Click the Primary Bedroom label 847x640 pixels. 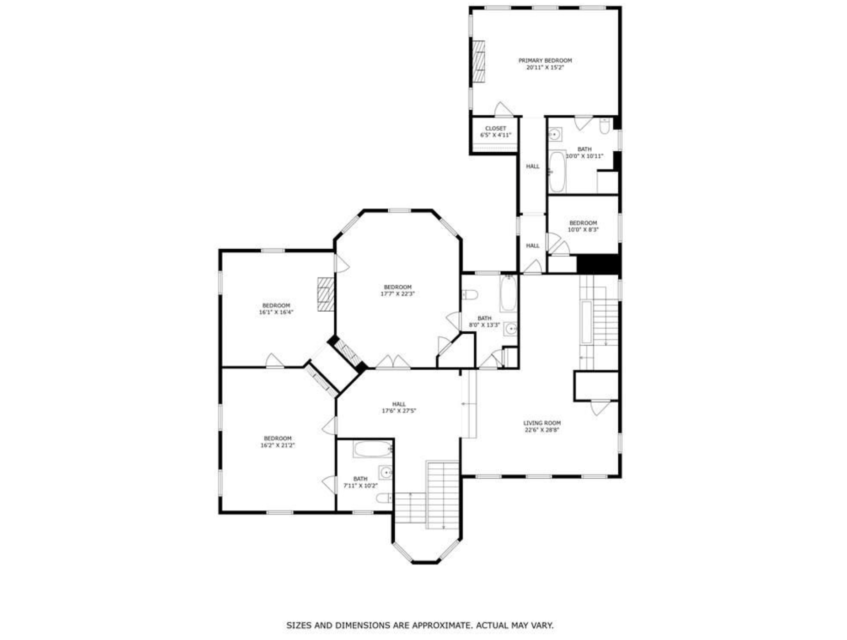coord(545,60)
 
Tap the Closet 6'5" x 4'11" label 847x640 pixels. coord(495,132)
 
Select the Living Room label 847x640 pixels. coord(542,423)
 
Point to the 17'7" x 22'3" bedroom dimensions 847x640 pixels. coord(397,294)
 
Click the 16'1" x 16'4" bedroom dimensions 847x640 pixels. coord(276,312)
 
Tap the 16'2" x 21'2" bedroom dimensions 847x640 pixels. coord(278,445)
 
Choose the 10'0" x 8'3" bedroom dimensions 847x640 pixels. coord(583,230)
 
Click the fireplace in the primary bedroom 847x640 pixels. coord(478,61)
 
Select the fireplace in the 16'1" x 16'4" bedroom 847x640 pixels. coord(326,294)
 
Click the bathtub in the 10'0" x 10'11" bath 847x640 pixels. coord(557,172)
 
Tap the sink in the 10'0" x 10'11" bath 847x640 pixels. coord(555,135)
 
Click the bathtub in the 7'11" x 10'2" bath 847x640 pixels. coord(373,449)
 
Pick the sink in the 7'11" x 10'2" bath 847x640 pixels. coord(386,472)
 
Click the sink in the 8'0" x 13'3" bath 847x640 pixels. coord(511,328)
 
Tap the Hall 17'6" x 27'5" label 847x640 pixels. coord(399,407)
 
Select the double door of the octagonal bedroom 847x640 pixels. coord(393,361)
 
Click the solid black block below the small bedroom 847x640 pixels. coord(598,264)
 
